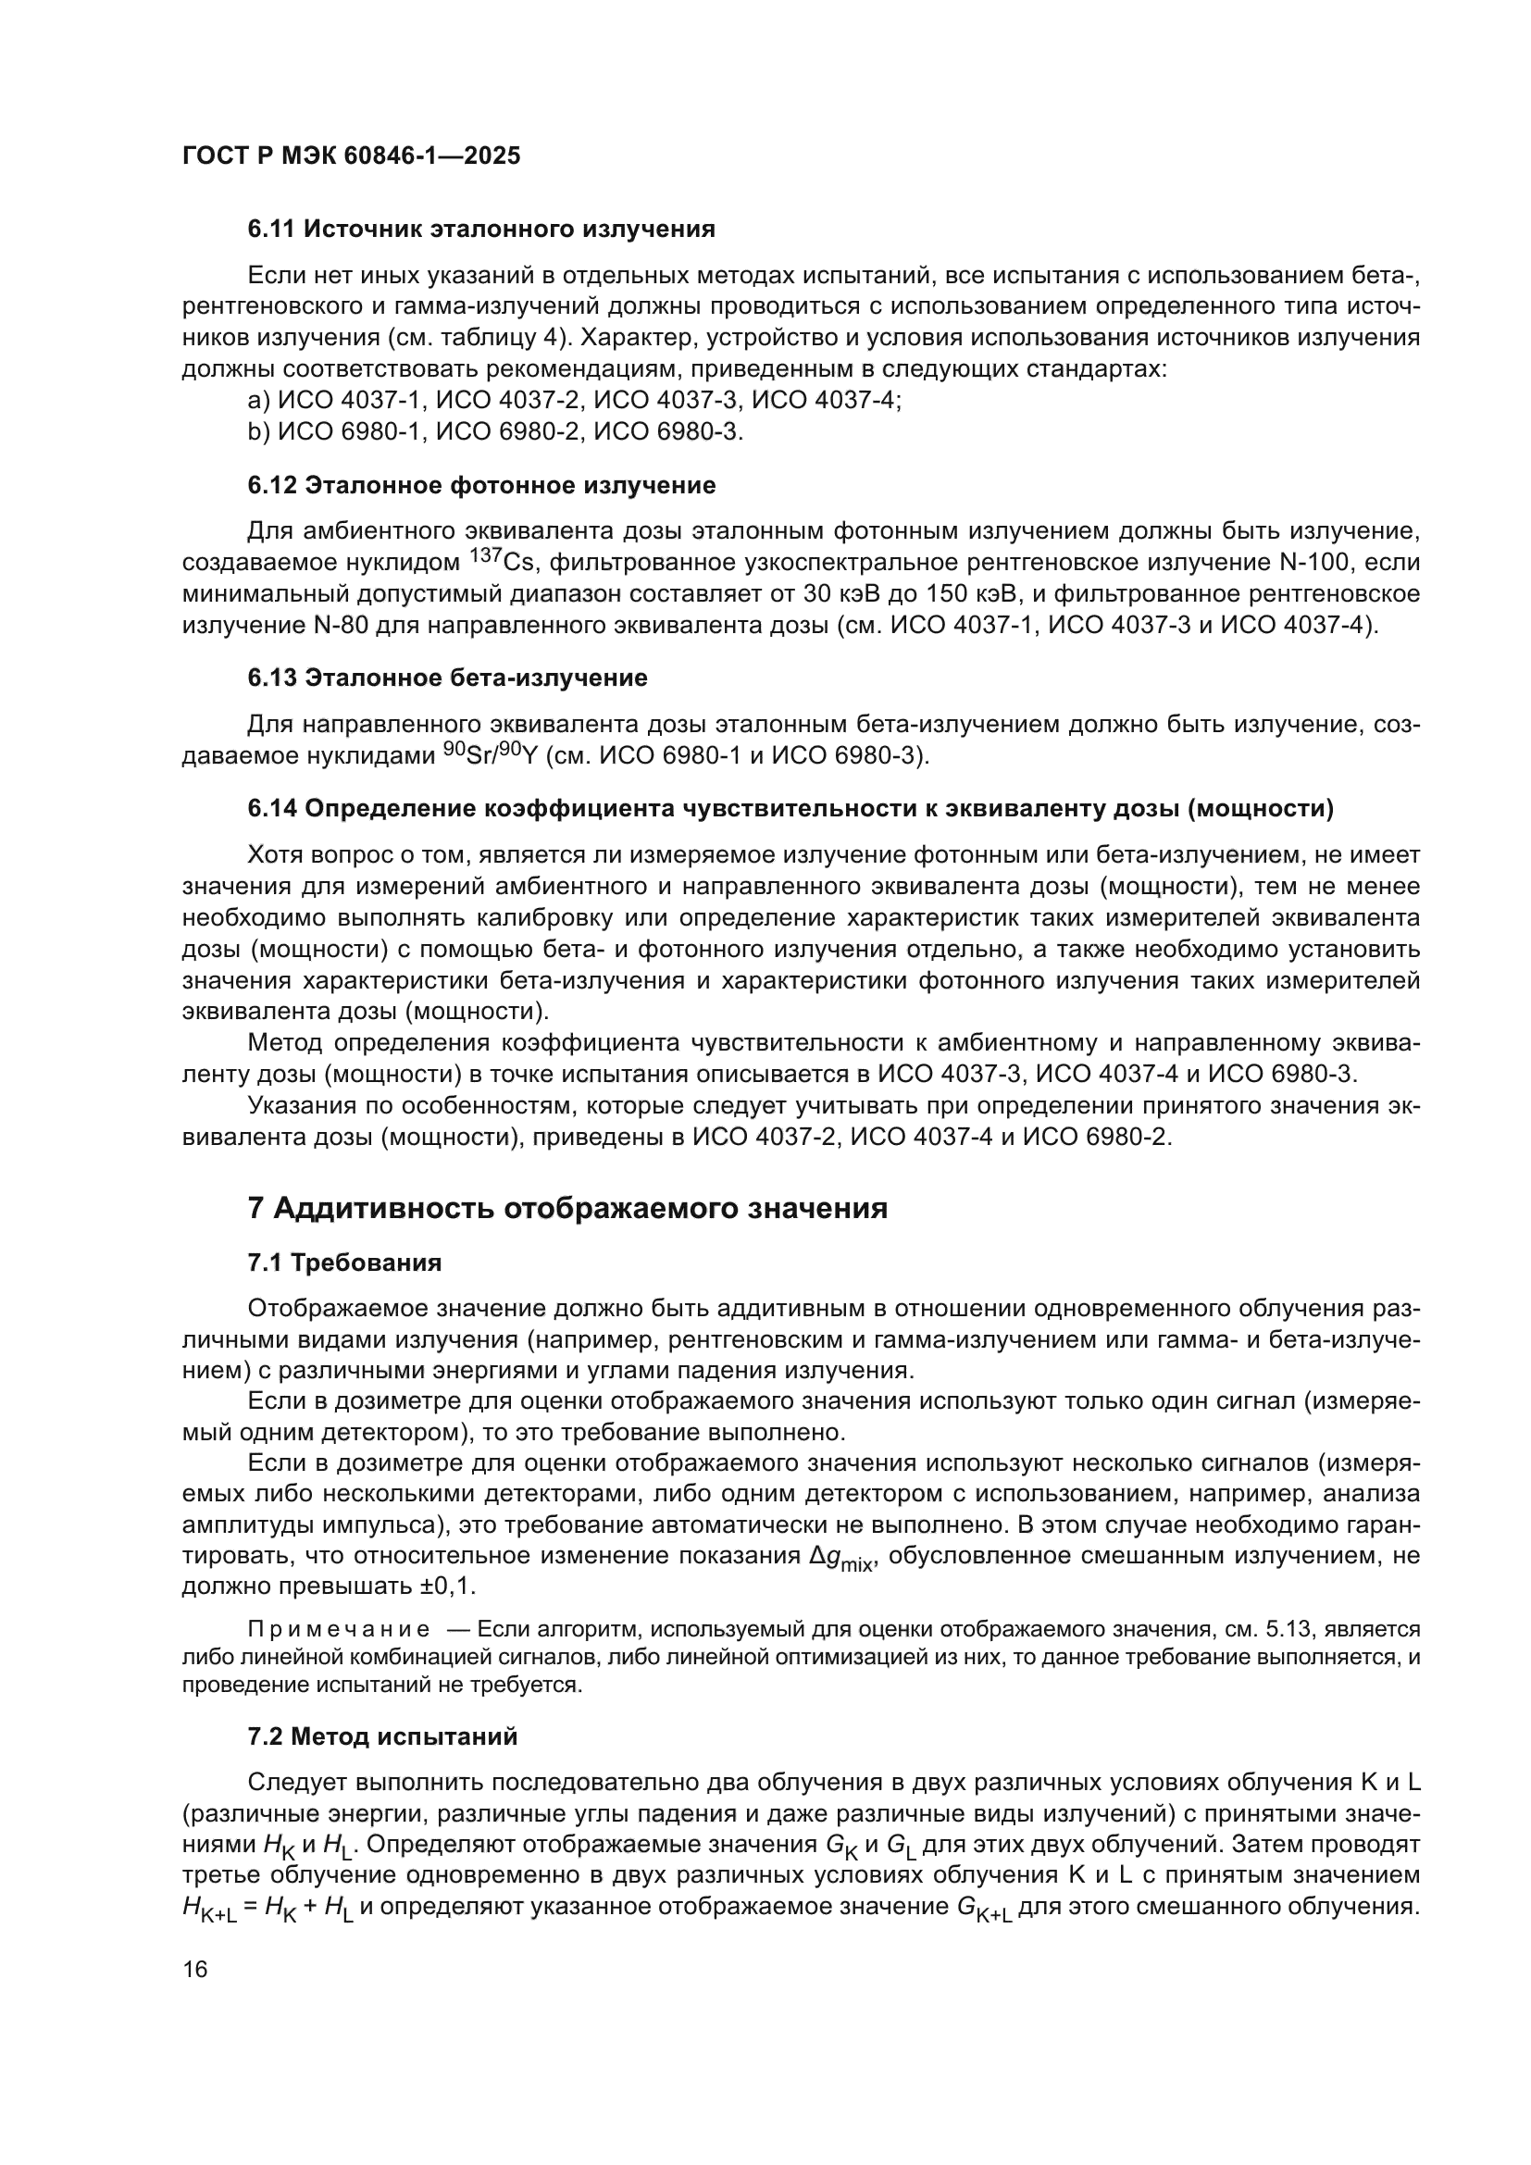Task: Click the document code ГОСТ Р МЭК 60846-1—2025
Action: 351,156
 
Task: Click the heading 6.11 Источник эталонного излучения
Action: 480,230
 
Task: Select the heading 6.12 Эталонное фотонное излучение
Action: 480,486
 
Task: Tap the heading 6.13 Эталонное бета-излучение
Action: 447,678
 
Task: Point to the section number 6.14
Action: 271,808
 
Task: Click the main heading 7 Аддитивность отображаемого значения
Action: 566,1208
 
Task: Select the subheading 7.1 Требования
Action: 344,1263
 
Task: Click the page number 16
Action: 195,1970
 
